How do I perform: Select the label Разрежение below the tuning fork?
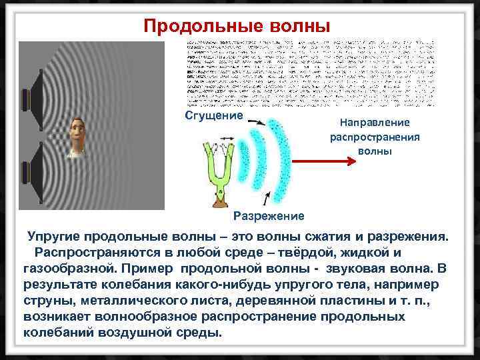click(269, 216)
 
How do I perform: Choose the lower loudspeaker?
click(33, 177)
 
